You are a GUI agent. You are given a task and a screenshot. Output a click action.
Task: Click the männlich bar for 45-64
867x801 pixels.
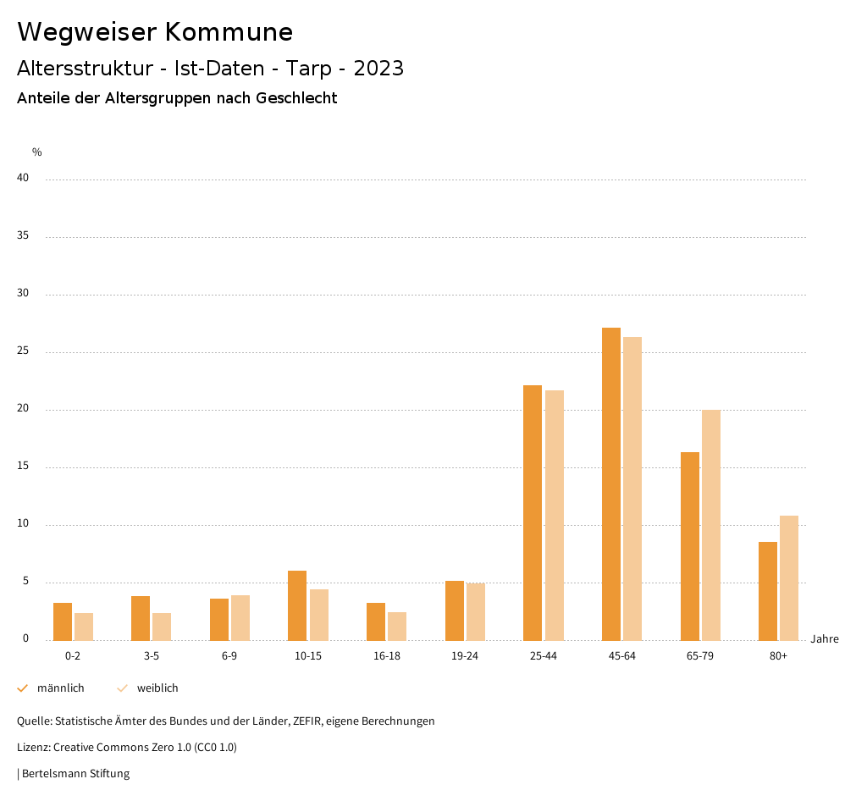pos(611,483)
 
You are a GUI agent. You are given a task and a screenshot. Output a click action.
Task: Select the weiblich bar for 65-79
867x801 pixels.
pos(711,525)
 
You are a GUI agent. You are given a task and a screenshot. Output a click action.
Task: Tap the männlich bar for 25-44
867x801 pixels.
pos(533,512)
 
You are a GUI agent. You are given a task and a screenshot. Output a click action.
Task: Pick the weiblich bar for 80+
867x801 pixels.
pos(789,577)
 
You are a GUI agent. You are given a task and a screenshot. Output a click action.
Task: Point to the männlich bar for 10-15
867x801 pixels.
pos(297,605)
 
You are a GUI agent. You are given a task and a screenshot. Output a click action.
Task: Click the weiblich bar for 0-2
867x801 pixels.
pos(84,627)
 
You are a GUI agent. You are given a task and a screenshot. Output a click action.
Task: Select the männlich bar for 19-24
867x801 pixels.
pos(455,610)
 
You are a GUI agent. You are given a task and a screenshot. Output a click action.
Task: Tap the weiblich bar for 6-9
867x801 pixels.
pos(240,617)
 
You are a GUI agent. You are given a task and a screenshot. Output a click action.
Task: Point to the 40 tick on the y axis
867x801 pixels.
pos(23,179)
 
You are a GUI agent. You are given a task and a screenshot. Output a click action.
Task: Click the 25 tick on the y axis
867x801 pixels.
pos(23,351)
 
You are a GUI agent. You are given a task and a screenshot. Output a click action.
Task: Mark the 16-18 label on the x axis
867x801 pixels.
pos(387,656)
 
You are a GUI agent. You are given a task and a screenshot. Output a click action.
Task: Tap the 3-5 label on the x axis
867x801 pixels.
pos(152,656)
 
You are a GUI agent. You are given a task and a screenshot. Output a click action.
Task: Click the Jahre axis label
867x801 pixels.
pos(825,639)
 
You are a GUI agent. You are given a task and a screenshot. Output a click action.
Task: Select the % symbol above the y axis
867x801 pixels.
pos(37,152)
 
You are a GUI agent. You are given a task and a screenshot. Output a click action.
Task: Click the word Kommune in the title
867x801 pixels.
pos(229,32)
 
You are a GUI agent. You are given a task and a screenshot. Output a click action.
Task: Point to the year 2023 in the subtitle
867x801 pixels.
pos(378,69)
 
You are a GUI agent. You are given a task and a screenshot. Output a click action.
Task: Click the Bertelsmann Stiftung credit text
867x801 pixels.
pos(75,774)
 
